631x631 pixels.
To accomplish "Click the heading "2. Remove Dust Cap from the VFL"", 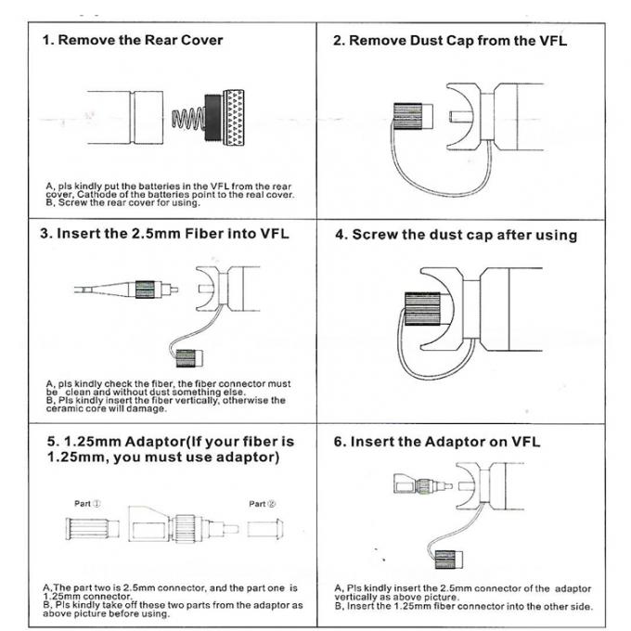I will coord(449,41).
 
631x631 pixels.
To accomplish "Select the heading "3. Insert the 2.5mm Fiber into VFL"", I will coord(164,233).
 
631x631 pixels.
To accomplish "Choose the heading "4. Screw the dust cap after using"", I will coord(455,235).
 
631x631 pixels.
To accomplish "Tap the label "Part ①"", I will coord(88,504).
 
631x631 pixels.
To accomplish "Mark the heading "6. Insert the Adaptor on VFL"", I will coord(436,442).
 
